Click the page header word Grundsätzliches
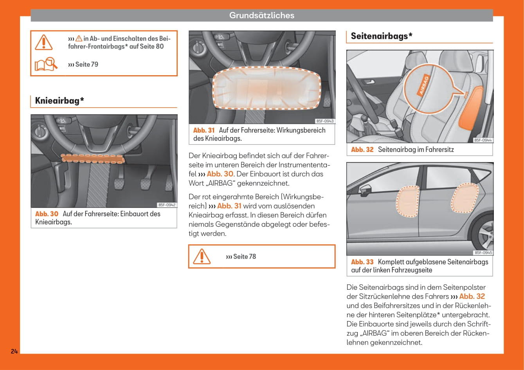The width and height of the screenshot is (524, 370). (261, 15)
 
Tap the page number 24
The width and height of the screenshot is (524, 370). (14, 351)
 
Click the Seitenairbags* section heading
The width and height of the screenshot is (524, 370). (382, 36)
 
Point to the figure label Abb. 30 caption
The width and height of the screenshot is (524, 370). (47, 214)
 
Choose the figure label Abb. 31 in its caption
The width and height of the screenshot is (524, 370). (204, 130)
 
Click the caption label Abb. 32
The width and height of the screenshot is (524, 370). (362, 150)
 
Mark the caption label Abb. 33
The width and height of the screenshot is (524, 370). (362, 262)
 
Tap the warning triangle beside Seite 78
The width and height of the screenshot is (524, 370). (202, 256)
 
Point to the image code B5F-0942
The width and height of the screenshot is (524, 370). (167, 205)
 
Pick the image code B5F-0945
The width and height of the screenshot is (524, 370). (483, 253)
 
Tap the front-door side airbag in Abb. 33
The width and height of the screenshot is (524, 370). (408, 202)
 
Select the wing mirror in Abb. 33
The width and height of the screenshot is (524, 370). (365, 191)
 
